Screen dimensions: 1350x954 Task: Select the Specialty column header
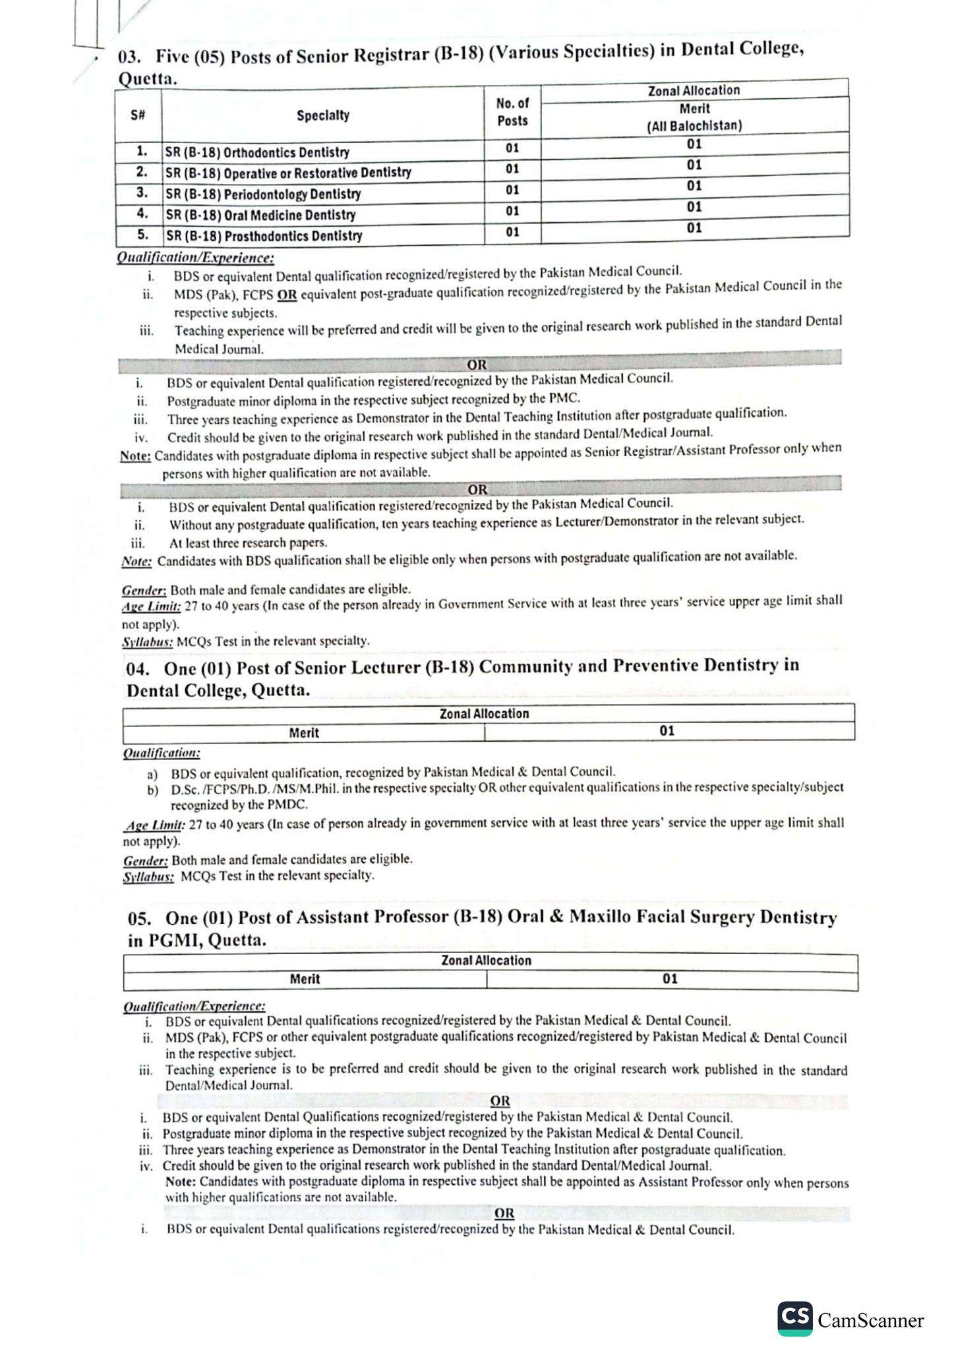322,115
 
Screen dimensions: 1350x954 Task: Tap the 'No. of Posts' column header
512,112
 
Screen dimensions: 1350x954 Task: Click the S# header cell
138,115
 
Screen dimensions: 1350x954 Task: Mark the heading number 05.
139,918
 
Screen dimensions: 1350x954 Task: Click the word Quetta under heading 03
147,79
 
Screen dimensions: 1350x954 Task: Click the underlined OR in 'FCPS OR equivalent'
287,295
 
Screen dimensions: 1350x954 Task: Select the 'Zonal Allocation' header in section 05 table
486,961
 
